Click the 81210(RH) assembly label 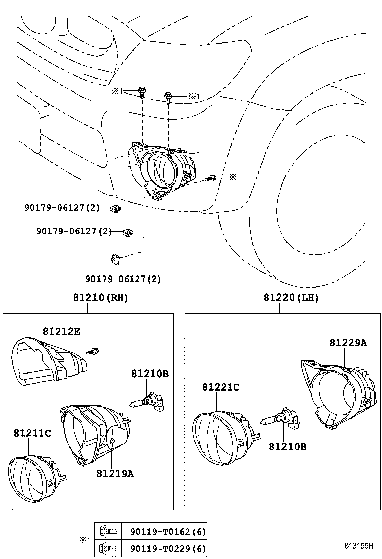(101, 298)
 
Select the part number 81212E (61, 331)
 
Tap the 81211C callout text (32, 433)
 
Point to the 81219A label (115, 473)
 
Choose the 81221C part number (221, 387)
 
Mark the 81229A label (348, 343)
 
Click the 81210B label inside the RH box (150, 374)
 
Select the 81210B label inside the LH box (287, 446)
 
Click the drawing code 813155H (359, 546)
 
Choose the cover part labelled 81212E (48, 362)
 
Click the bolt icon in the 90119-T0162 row (108, 531)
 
